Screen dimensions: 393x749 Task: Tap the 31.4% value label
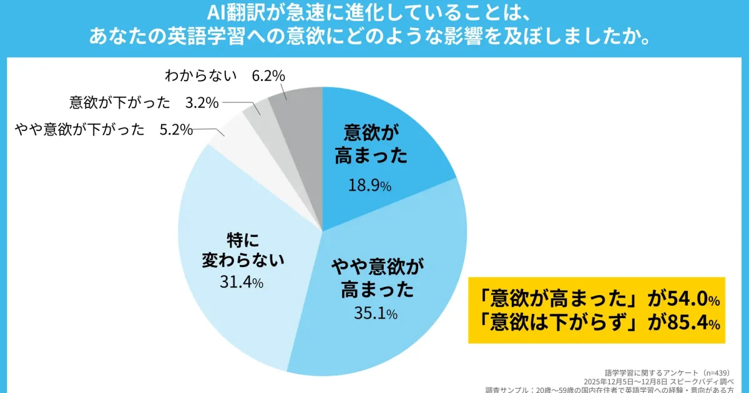(x=241, y=282)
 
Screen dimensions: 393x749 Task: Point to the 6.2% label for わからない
(x=268, y=75)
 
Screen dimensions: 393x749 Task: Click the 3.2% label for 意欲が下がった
(x=202, y=102)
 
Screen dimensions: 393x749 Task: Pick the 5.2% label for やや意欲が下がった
(x=174, y=130)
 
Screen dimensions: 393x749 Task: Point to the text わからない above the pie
(x=201, y=75)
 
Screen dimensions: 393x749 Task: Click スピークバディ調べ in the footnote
(x=705, y=380)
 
